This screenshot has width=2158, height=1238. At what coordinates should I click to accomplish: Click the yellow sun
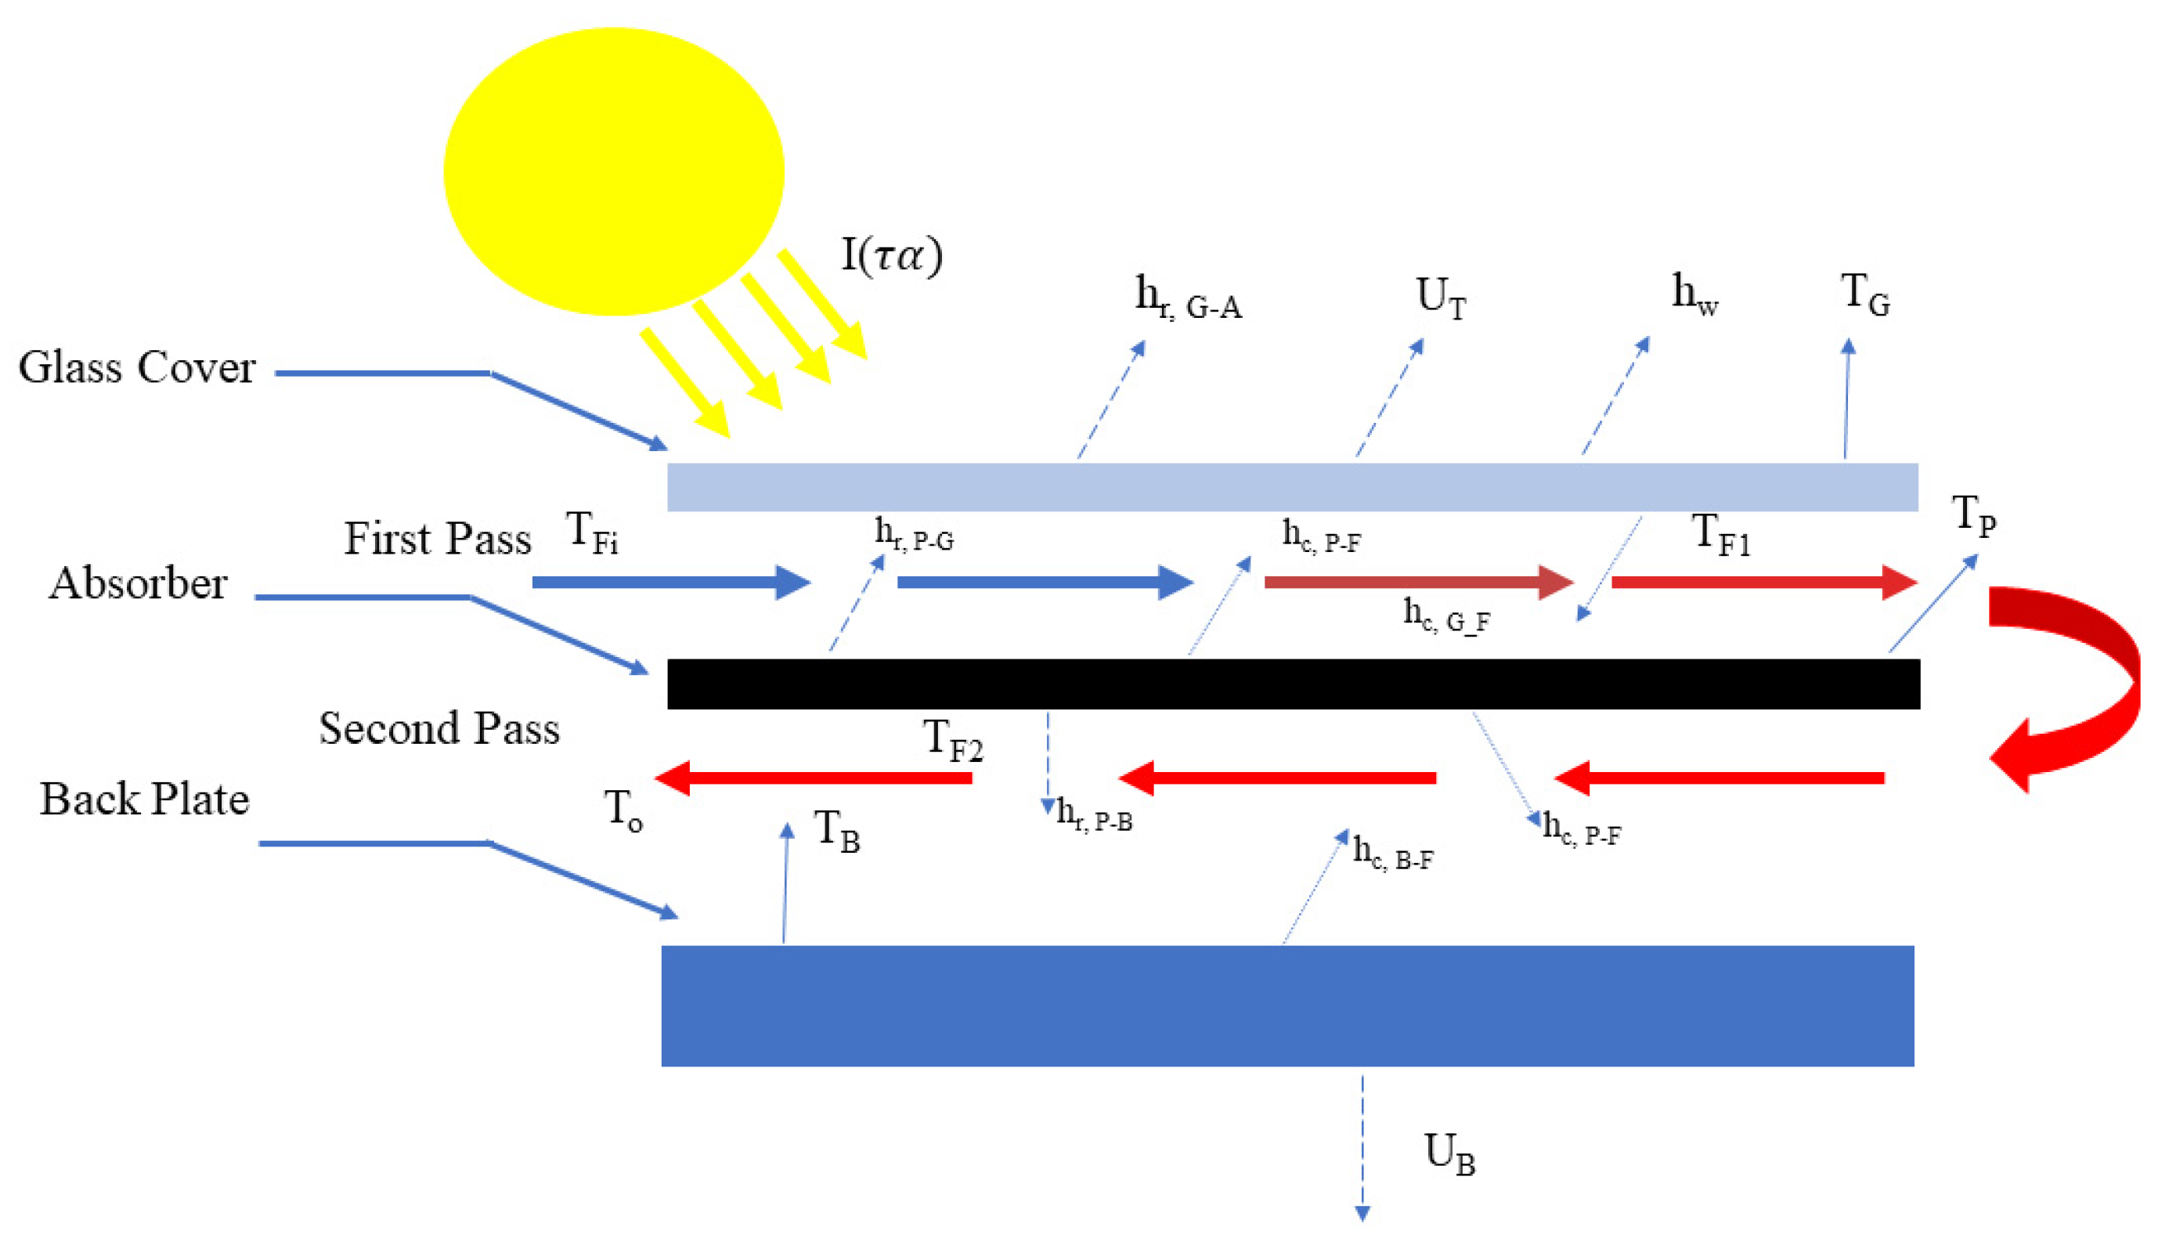(x=613, y=171)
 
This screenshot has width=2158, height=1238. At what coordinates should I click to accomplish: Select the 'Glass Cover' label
(x=136, y=368)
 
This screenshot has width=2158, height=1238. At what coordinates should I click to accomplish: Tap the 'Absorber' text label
(x=138, y=584)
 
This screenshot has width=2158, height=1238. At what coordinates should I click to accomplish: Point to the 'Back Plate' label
(x=145, y=800)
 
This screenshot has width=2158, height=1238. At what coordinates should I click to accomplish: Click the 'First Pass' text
(x=437, y=539)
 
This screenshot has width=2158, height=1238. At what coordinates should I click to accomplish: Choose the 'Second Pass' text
(x=438, y=729)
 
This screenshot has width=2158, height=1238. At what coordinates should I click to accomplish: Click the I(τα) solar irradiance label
(x=892, y=255)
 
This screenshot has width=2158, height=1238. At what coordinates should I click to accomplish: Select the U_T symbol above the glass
(x=1441, y=298)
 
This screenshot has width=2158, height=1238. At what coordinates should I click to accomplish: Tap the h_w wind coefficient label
(x=1694, y=295)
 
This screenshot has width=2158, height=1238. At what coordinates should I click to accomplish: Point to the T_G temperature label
(x=1864, y=296)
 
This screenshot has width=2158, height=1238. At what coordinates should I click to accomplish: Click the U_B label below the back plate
(x=1449, y=1155)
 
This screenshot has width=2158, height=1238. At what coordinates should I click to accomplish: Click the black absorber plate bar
(x=1293, y=684)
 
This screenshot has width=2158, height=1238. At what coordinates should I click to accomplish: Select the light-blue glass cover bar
(x=1293, y=487)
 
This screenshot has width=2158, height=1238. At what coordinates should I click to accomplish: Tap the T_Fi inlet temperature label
(x=592, y=533)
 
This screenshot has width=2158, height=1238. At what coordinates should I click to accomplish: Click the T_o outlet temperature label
(x=623, y=810)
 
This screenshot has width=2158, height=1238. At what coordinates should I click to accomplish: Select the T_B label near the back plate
(x=837, y=831)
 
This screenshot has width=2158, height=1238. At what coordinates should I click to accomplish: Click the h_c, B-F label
(x=1393, y=854)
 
